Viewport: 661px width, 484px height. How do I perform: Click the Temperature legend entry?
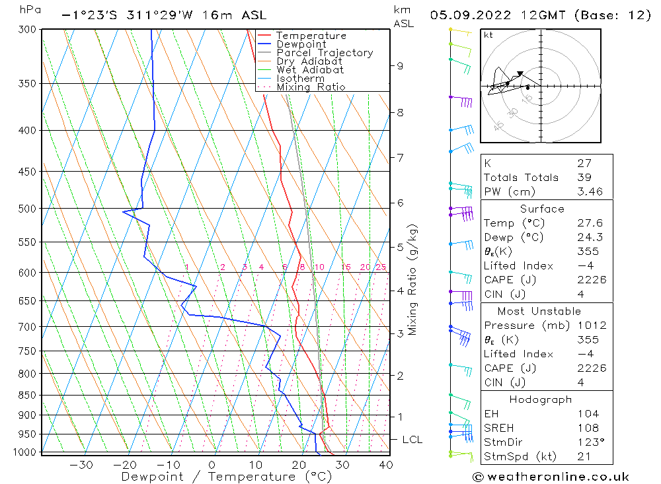click(311, 36)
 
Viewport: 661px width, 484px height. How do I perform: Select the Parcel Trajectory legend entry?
click(325, 53)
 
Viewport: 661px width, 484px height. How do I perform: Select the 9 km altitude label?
click(401, 65)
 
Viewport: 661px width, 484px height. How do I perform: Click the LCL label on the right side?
click(412, 440)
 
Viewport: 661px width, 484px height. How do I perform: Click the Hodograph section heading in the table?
click(541, 399)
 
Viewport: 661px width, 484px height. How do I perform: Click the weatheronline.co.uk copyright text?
click(551, 477)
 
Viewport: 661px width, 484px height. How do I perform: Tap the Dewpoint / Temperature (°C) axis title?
click(226, 477)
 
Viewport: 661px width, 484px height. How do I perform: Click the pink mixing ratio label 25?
click(381, 267)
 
